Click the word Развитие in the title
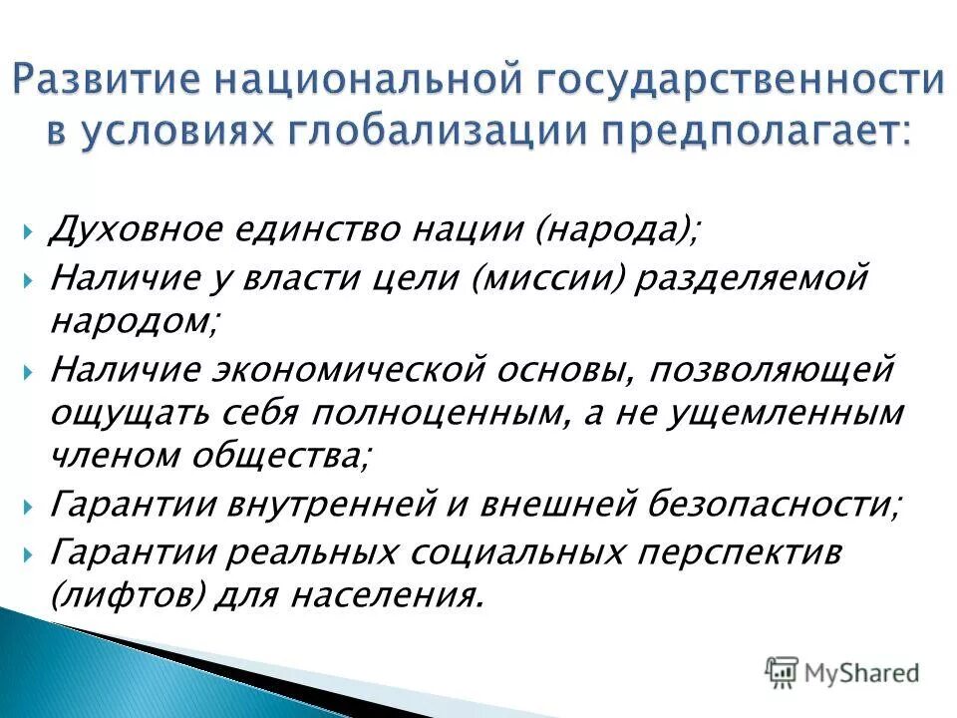111,84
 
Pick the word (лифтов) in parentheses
128,596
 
